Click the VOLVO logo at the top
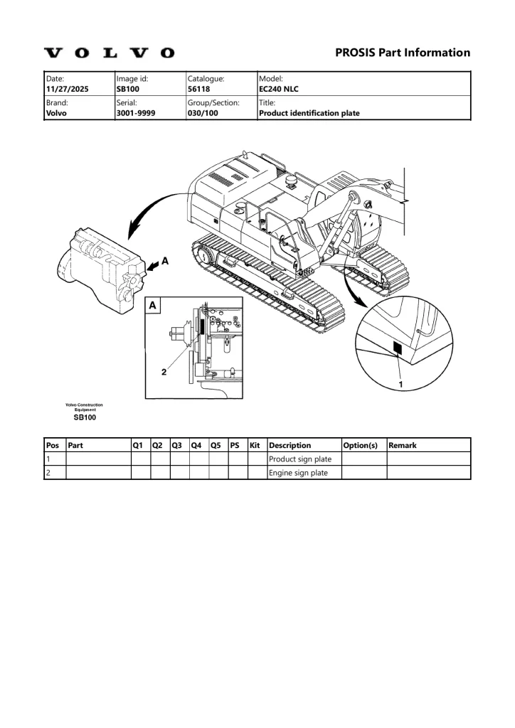[x=110, y=53]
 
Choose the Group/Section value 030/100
[x=203, y=112]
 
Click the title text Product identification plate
[x=309, y=112]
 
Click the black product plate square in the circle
[x=398, y=348]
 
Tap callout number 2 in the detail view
[x=164, y=371]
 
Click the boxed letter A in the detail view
[x=154, y=306]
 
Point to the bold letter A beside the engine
[x=165, y=262]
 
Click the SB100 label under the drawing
[x=85, y=418]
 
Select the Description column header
[x=290, y=445]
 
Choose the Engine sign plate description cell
[x=298, y=473]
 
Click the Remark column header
[x=402, y=445]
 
